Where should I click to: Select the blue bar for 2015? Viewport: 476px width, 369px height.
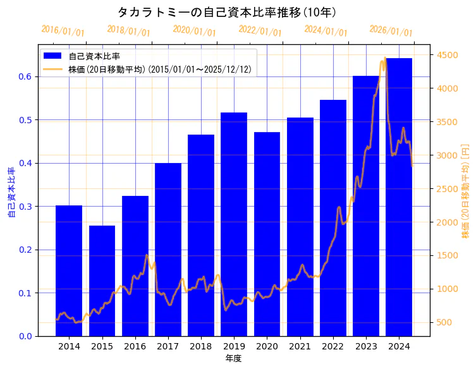[102, 281]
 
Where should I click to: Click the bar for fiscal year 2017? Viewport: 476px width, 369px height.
[168, 250]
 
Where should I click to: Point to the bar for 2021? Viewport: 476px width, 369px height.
[300, 227]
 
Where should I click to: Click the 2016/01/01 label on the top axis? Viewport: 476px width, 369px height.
[63, 30]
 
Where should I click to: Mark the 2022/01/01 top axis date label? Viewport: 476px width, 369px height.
[260, 30]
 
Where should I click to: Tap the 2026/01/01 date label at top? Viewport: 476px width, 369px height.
[391, 30]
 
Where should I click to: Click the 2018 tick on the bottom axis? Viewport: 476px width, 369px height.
[200, 346]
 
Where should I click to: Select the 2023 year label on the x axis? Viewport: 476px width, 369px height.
[365, 346]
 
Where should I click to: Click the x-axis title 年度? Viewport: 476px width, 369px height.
[233, 358]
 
